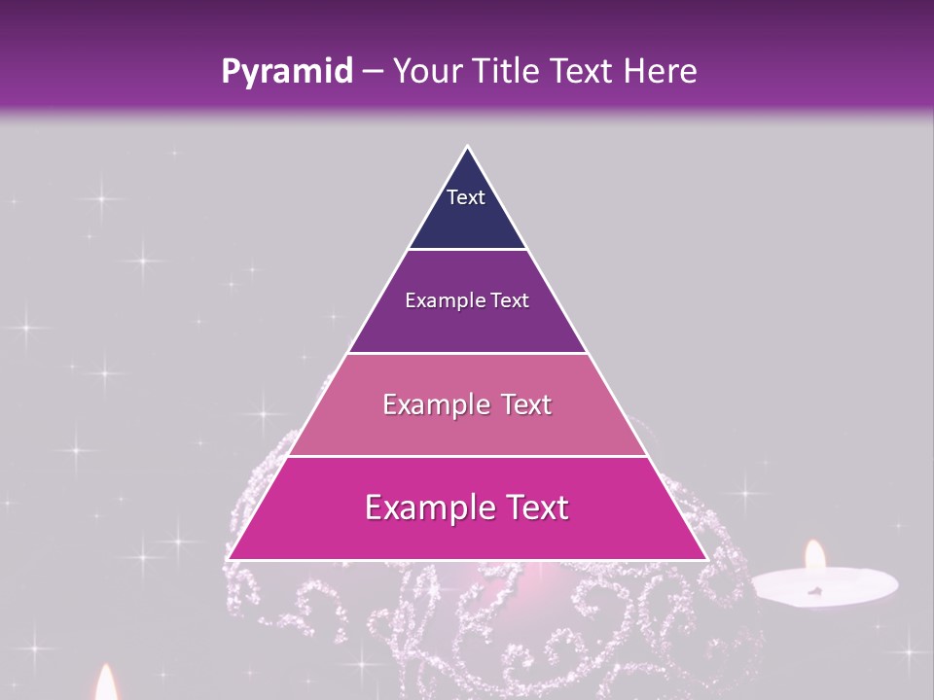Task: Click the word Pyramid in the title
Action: pyautogui.click(x=287, y=72)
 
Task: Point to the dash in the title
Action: pyautogui.click(x=372, y=72)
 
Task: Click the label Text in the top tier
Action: pyautogui.click(x=466, y=197)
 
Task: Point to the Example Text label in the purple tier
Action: pyautogui.click(x=467, y=300)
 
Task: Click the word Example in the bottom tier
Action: pyautogui.click(x=424, y=507)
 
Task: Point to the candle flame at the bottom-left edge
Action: pyautogui.click(x=106, y=683)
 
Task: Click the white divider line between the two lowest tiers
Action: pyautogui.click(x=467, y=456)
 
